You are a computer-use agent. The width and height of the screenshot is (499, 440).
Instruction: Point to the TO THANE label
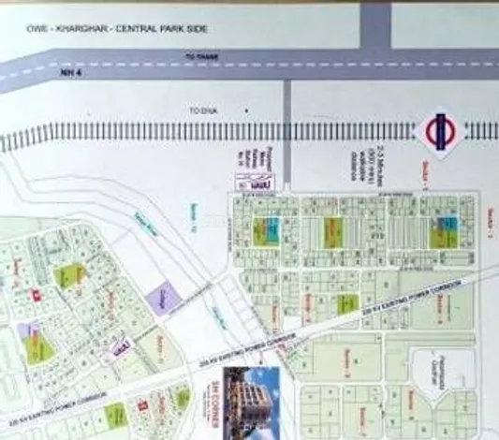(x=200, y=57)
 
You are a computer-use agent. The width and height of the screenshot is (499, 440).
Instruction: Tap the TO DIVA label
(x=202, y=110)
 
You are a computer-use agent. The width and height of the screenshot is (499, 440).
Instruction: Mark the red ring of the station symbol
(x=427, y=131)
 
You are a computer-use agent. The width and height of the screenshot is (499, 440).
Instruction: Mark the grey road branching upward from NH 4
(x=374, y=24)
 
